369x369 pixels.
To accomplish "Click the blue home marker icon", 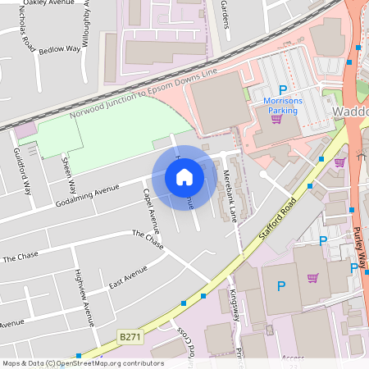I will [184, 176].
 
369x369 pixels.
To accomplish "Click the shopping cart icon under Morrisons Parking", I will [277, 119].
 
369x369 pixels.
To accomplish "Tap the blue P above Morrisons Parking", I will [284, 90].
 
